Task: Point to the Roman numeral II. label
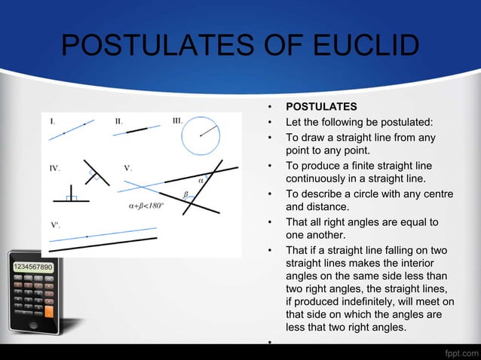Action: pos(119,121)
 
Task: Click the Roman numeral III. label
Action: pos(177,121)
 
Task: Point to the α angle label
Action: pos(201,180)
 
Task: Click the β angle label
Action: pos(185,194)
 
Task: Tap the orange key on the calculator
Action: pos(50,310)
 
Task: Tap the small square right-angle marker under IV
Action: pos(71,197)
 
